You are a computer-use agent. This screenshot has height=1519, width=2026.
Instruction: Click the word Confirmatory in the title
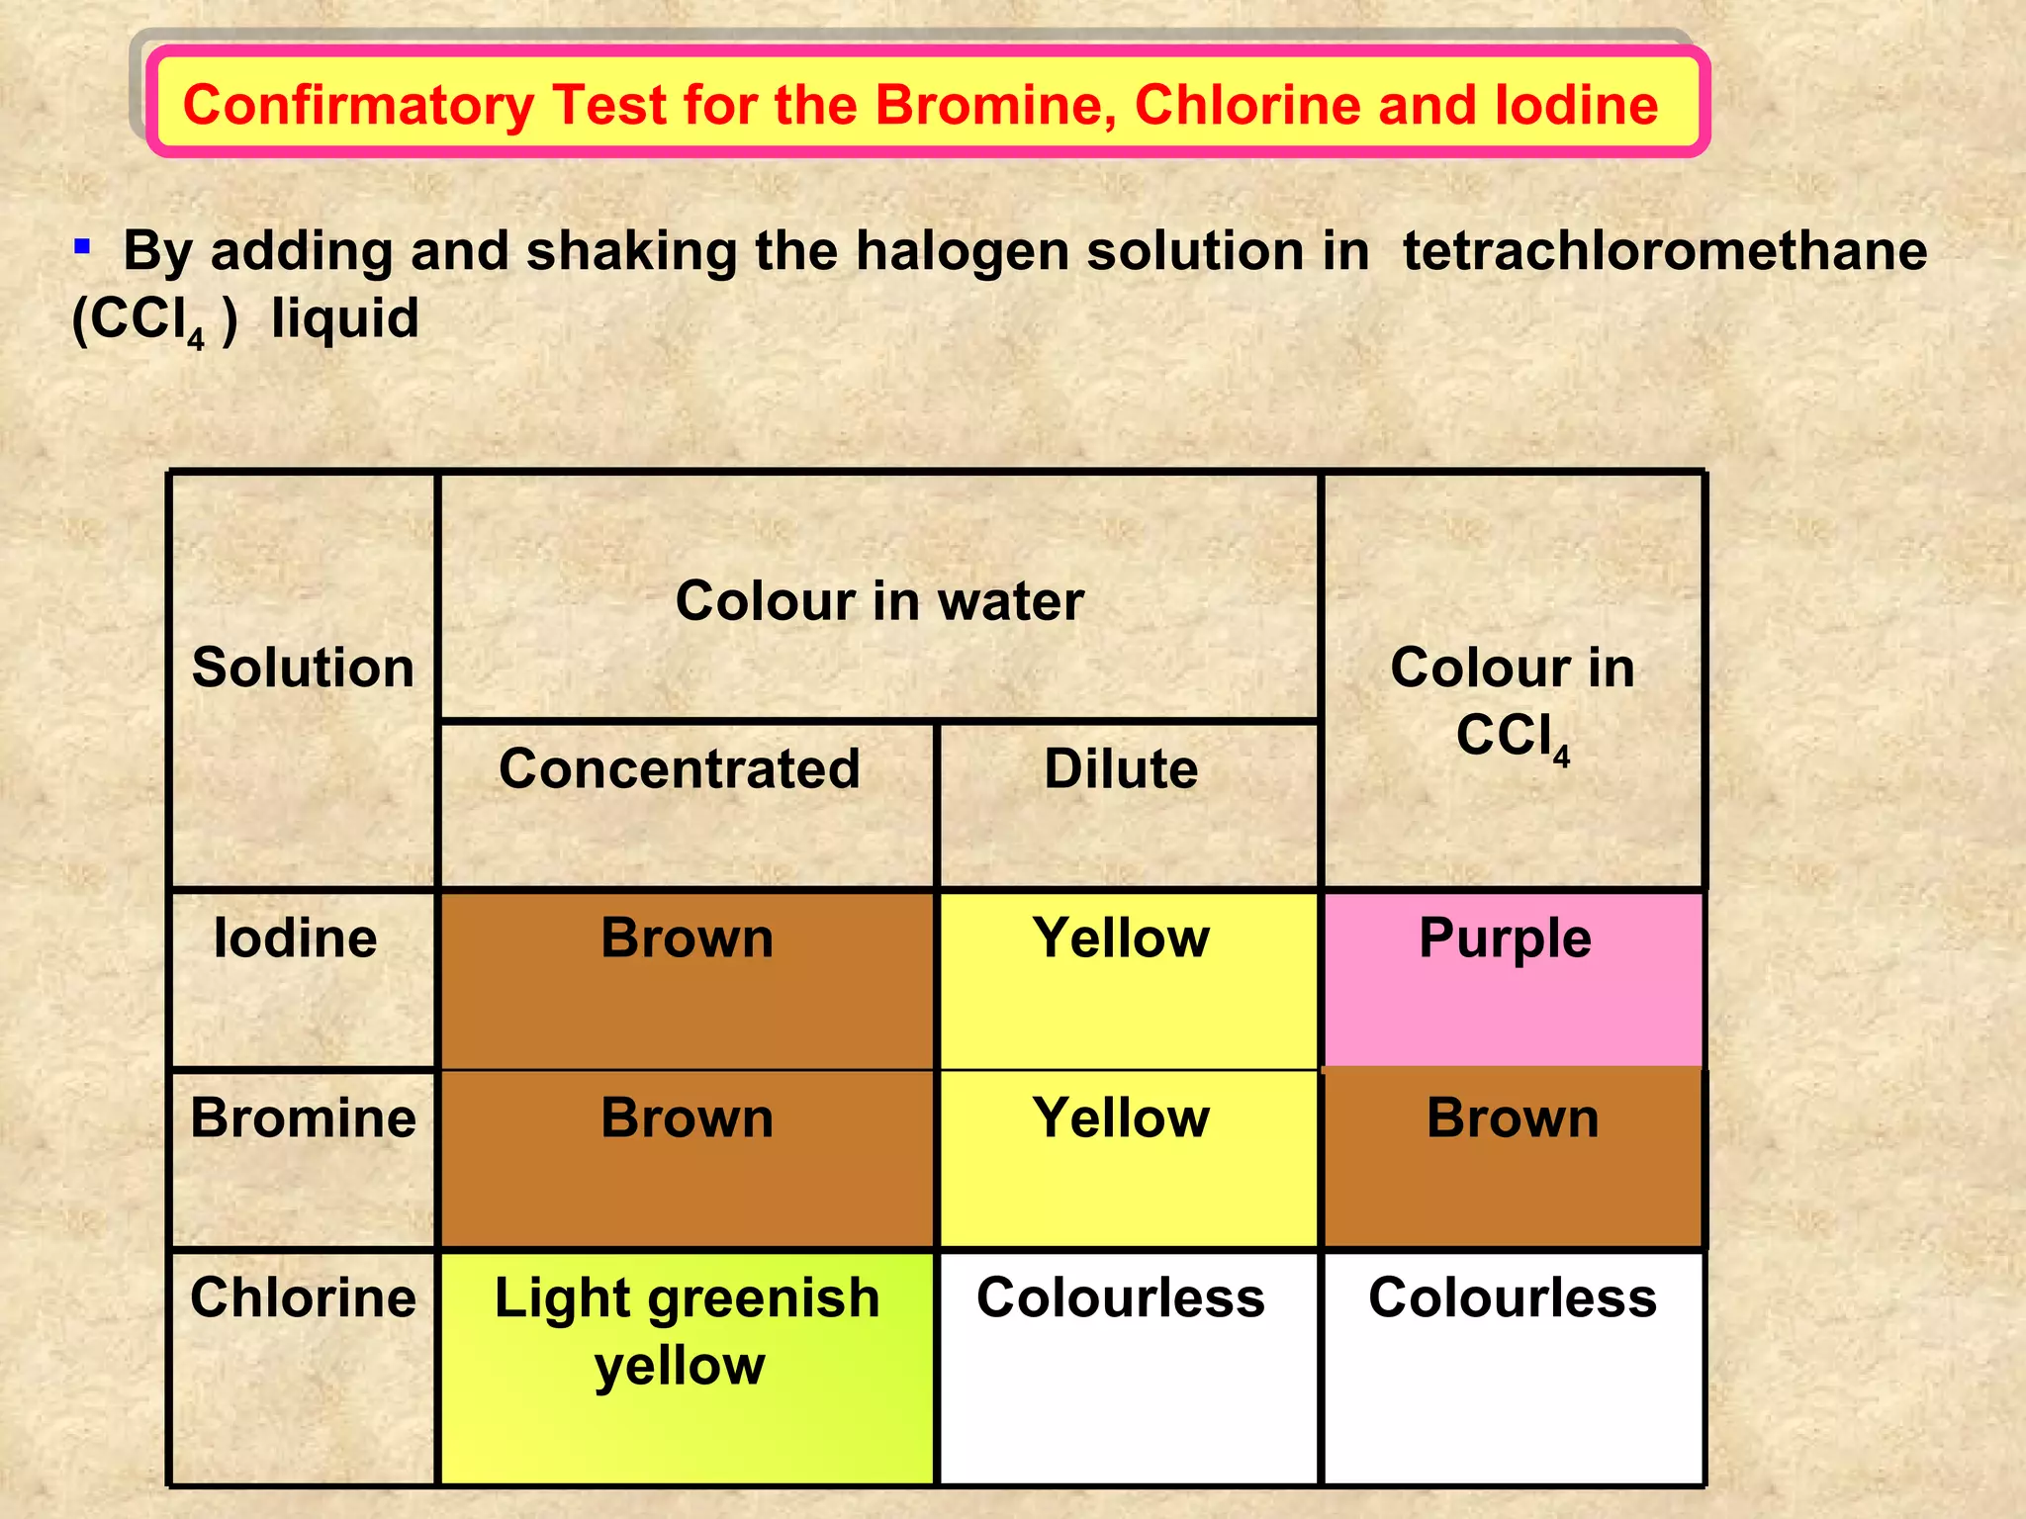(x=359, y=106)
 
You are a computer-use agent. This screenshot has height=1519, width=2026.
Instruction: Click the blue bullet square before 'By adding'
(x=83, y=245)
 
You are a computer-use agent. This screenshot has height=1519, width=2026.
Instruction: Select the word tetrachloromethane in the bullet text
(x=1664, y=250)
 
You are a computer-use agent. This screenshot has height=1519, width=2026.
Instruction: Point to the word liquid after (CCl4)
(x=345, y=318)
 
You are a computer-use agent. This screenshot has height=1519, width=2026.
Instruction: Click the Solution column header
(x=303, y=668)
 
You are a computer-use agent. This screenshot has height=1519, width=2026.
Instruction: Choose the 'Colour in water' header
(x=879, y=600)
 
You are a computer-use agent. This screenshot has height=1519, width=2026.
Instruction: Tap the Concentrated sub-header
(x=680, y=769)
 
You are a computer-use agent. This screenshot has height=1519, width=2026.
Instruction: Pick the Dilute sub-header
(x=1121, y=769)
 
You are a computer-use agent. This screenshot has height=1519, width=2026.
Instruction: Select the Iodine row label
(x=296, y=938)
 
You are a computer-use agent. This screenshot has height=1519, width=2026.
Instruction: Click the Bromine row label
(x=303, y=1118)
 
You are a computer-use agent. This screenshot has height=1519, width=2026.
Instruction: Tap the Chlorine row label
(x=303, y=1297)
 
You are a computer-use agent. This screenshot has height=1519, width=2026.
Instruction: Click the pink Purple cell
(x=1513, y=979)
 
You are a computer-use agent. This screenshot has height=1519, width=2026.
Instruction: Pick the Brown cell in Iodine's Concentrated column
(x=687, y=979)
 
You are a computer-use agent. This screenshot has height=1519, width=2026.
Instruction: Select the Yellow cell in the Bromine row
(x=1127, y=1158)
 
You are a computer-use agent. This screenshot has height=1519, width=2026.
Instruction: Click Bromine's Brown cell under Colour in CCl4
(x=1513, y=1158)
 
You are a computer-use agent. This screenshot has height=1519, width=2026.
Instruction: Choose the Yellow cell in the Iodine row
(x=1127, y=979)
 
